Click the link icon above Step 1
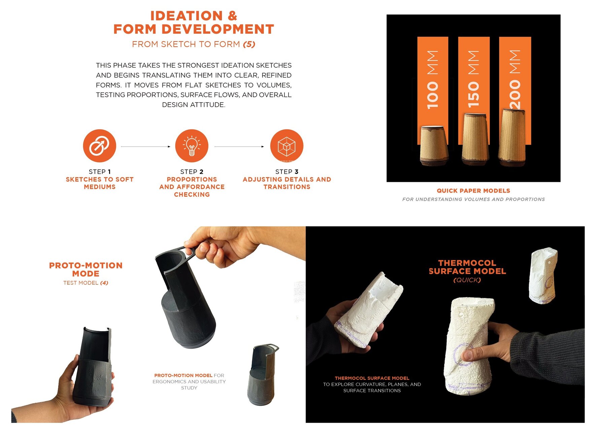pos(99,146)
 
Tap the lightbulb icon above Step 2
pos(192,146)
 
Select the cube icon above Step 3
pos(287,146)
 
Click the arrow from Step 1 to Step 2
pos(145,147)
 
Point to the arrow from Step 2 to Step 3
pos(239,147)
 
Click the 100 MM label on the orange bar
pos(433,80)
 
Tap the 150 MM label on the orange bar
pos(473,79)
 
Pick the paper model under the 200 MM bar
pos(511,138)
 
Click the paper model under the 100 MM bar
pos(434,145)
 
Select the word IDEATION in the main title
pos(187,16)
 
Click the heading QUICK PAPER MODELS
pos(473,191)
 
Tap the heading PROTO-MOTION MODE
pos(86,269)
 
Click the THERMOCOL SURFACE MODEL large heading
pos(467,267)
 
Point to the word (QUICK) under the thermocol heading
pos(467,280)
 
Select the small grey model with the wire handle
pos(263,374)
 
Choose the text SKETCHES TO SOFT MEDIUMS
pos(100,183)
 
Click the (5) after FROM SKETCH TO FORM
pos(249,44)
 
